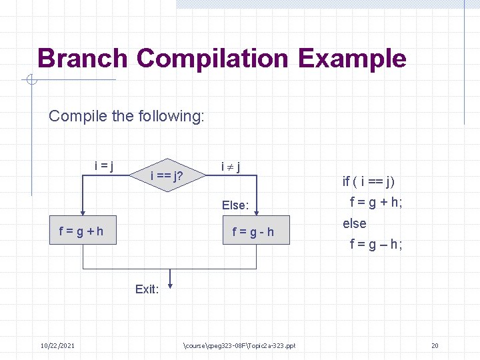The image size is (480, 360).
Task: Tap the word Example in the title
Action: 352,59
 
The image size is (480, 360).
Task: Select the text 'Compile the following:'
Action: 126,116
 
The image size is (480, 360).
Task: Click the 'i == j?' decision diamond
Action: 167,177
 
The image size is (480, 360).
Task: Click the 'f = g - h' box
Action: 253,232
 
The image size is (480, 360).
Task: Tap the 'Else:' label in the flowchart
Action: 235,205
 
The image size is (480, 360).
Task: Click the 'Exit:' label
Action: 147,289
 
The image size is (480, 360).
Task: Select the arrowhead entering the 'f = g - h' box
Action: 257,212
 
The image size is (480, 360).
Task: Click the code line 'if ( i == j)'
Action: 369,181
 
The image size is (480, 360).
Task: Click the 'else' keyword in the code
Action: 355,223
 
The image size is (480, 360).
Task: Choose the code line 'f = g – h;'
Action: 376,244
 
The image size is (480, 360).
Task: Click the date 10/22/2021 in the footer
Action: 57,345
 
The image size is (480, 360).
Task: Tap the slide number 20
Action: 435,345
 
